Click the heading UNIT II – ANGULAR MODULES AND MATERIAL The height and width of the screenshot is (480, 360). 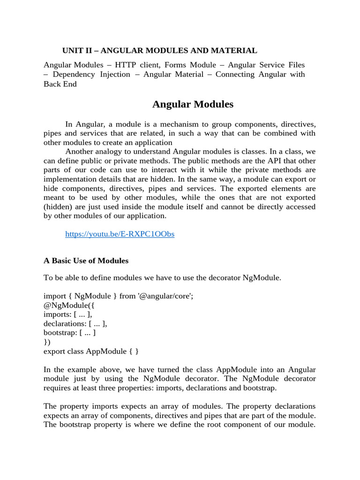pyautogui.click(x=160, y=51)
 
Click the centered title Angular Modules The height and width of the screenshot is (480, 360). pyautogui.click(x=193, y=104)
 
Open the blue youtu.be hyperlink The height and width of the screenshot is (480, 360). pyautogui.click(x=120, y=234)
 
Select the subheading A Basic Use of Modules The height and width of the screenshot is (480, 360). pyautogui.click(x=86, y=261)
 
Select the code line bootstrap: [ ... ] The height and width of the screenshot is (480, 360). pyautogui.click(x=69, y=333)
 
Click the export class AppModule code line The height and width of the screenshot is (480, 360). pyautogui.click(x=91, y=351)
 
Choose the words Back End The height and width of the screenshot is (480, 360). pyautogui.click(x=60, y=84)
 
